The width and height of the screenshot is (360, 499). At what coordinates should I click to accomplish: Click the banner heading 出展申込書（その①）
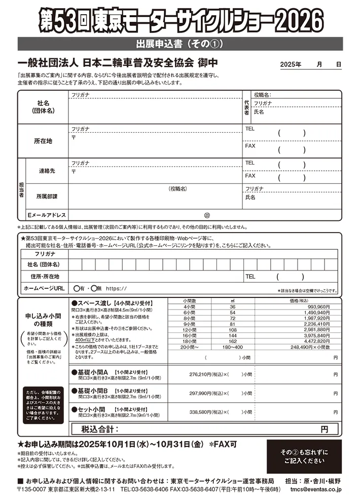click(180, 43)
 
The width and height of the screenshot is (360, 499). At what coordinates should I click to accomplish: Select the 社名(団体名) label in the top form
click(43, 106)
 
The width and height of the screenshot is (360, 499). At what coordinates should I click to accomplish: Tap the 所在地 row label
click(43, 141)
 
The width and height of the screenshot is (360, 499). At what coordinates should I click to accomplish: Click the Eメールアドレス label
click(47, 215)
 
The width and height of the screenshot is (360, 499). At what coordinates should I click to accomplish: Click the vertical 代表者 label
click(247, 107)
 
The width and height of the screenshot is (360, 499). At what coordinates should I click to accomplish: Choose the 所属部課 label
click(47, 196)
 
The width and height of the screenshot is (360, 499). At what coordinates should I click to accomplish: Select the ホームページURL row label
click(44, 288)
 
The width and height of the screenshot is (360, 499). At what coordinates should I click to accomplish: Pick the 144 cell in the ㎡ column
click(233, 335)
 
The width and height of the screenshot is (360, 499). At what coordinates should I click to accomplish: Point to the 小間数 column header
click(190, 301)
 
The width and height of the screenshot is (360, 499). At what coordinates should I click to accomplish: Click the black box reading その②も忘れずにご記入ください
click(304, 456)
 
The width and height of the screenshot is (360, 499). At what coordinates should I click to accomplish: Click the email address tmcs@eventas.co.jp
click(316, 489)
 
